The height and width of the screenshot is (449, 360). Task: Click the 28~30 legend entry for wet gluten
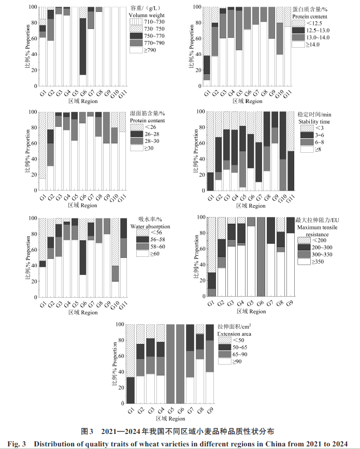pyautogui.click(x=147, y=141)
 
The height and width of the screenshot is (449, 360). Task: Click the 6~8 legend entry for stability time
pyautogui.click(x=313, y=141)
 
